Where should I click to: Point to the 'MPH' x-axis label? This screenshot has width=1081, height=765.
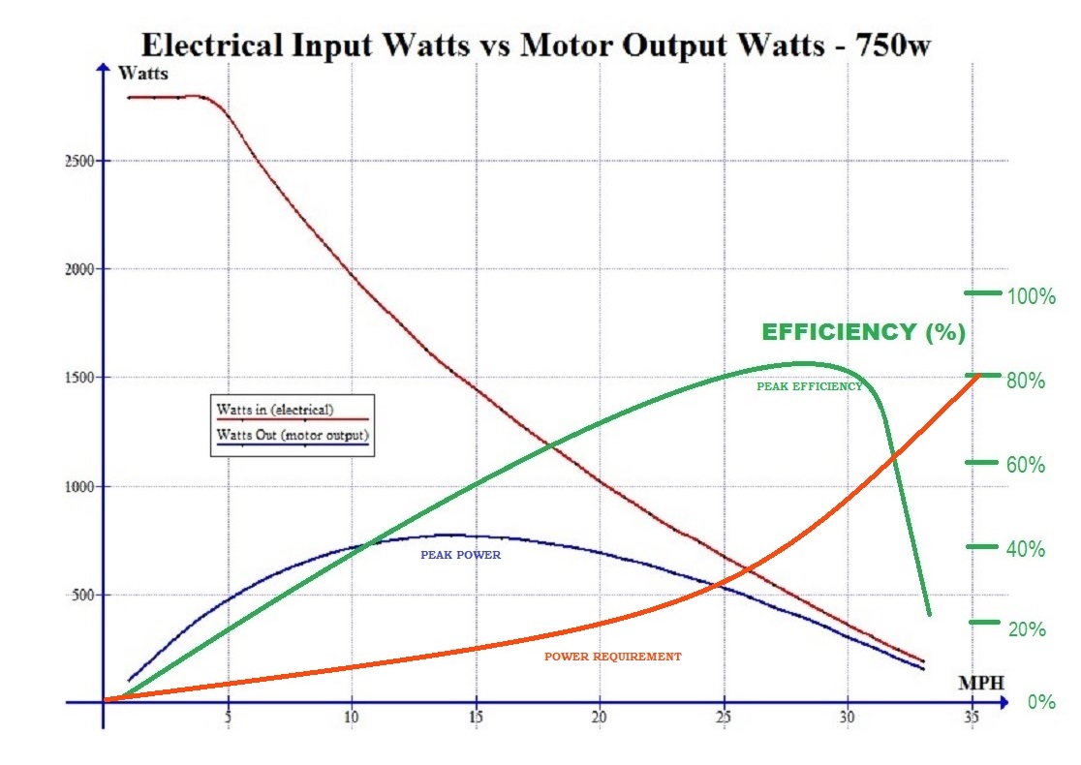point(980,683)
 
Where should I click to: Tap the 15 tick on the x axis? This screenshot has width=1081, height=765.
point(475,718)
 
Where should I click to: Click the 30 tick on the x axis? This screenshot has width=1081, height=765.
point(848,718)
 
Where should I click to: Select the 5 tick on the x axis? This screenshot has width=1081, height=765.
point(227,718)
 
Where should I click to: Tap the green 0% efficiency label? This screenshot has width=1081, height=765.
point(1041,702)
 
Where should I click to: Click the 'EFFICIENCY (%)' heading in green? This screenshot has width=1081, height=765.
point(863,332)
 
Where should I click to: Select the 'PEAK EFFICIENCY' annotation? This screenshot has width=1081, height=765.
point(809,386)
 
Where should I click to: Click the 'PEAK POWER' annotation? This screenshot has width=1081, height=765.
point(460,556)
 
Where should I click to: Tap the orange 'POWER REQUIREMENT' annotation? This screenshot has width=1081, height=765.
point(612,657)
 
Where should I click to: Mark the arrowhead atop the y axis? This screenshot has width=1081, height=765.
point(102,66)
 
